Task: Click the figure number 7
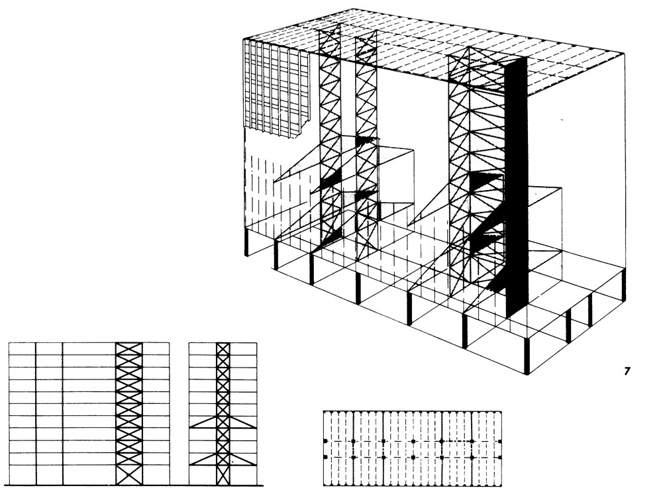(x=627, y=372)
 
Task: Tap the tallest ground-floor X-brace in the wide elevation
(x=129, y=474)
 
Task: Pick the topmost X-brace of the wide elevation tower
(x=129, y=348)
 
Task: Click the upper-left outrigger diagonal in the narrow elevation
(x=203, y=423)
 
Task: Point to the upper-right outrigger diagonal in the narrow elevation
(x=243, y=423)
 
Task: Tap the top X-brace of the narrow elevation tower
(x=223, y=348)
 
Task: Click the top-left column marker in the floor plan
(x=325, y=441)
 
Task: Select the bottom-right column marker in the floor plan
(x=500, y=458)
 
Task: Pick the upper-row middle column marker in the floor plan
(x=413, y=441)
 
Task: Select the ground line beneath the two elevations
(x=135, y=485)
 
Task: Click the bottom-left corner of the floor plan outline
(x=323, y=486)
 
